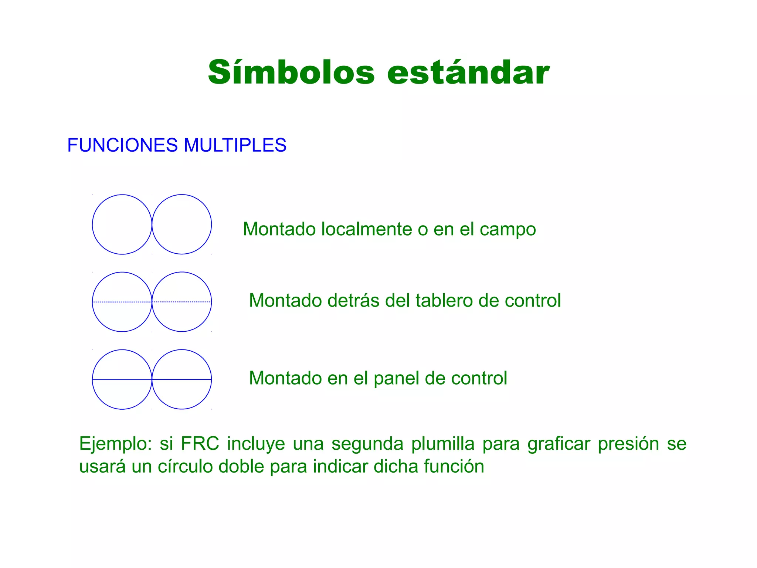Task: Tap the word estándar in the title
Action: point(468,72)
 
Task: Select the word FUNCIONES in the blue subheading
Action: point(122,145)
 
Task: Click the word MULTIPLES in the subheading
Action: point(235,145)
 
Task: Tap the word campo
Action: point(508,230)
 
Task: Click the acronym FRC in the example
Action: point(200,443)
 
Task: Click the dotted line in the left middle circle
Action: point(122,302)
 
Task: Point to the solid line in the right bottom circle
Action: point(181,379)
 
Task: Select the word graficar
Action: point(559,444)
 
